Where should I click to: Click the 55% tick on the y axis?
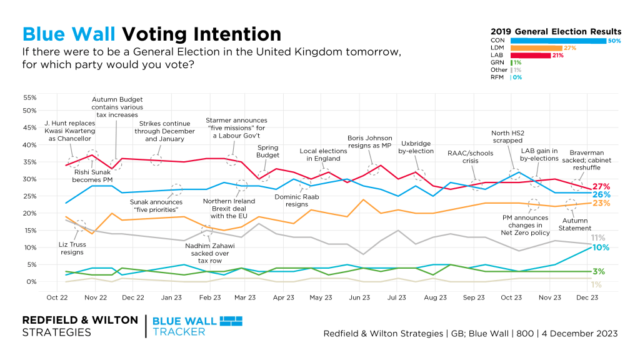click(29, 98)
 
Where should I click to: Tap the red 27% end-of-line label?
click(601, 186)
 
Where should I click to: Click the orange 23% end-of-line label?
click(601, 203)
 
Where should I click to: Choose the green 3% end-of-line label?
click(598, 271)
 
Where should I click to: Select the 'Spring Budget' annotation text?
click(268, 151)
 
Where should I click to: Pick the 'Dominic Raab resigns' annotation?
click(293, 201)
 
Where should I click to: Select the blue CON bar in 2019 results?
click(558, 41)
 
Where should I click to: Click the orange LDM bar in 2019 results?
click(536, 48)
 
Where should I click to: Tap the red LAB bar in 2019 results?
click(530, 55)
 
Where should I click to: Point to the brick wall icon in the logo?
click(229, 321)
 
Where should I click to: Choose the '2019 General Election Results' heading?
click(556, 31)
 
